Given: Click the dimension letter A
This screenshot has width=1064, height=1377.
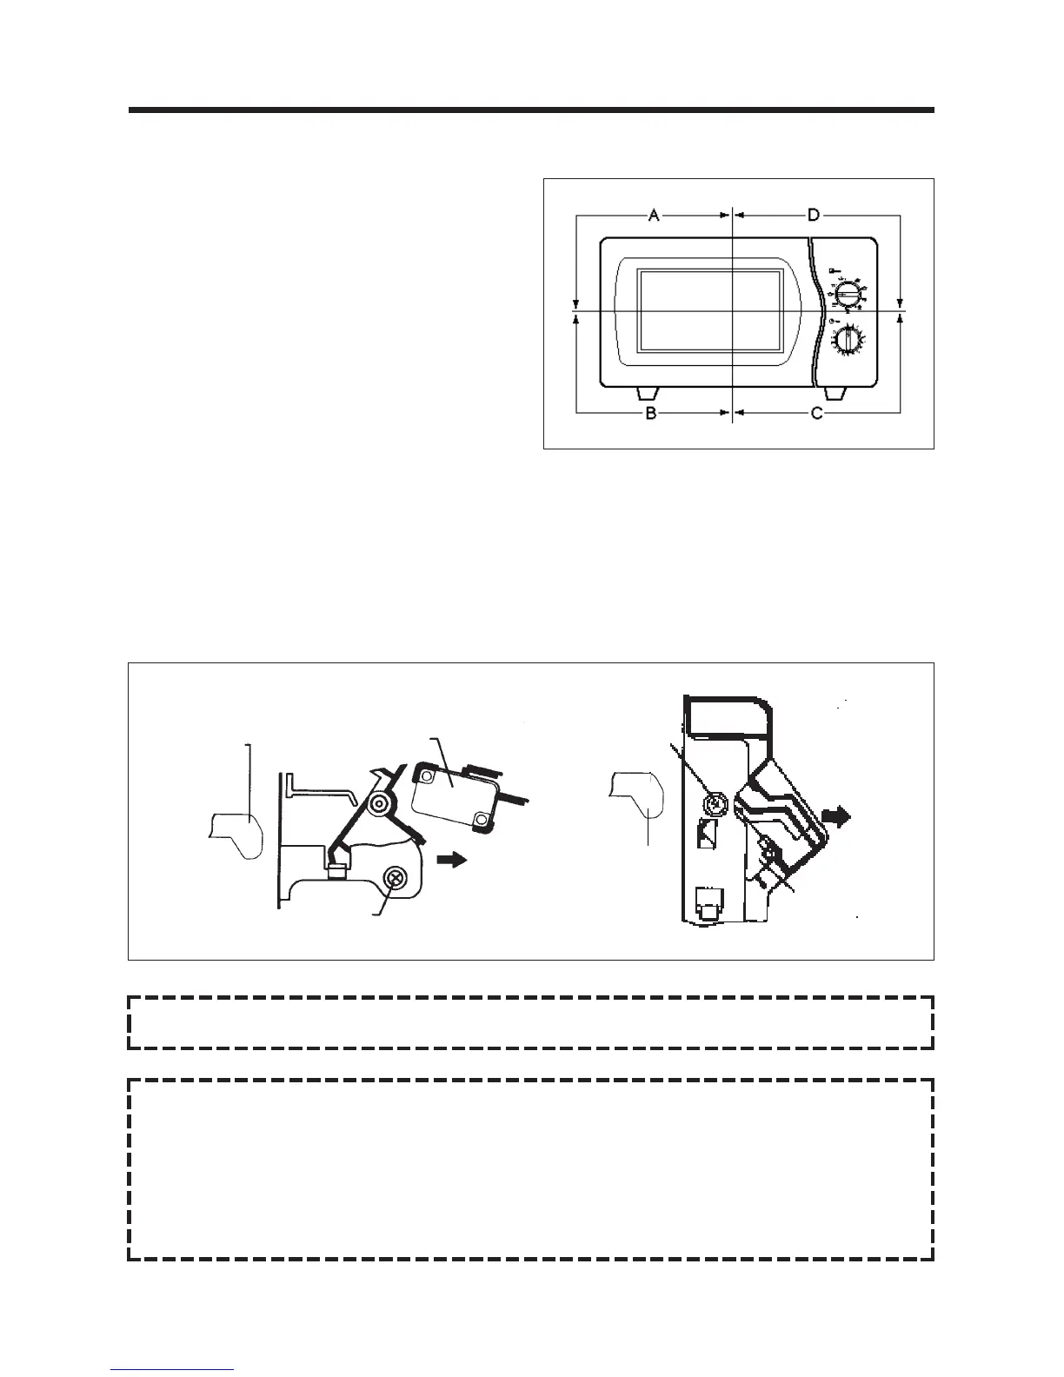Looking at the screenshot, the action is (654, 215).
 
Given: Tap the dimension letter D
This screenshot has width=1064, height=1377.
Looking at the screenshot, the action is (814, 215).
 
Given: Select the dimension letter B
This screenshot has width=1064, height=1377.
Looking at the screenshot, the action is (651, 414).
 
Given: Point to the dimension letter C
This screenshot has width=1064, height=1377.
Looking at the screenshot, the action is (816, 414).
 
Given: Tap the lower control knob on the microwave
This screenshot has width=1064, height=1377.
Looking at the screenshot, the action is (848, 340).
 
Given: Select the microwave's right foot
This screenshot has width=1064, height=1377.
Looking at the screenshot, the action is (834, 394).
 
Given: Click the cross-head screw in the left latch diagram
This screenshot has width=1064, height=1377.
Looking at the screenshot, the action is (396, 879).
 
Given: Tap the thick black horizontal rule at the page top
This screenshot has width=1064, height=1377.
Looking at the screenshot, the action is (531, 110).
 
